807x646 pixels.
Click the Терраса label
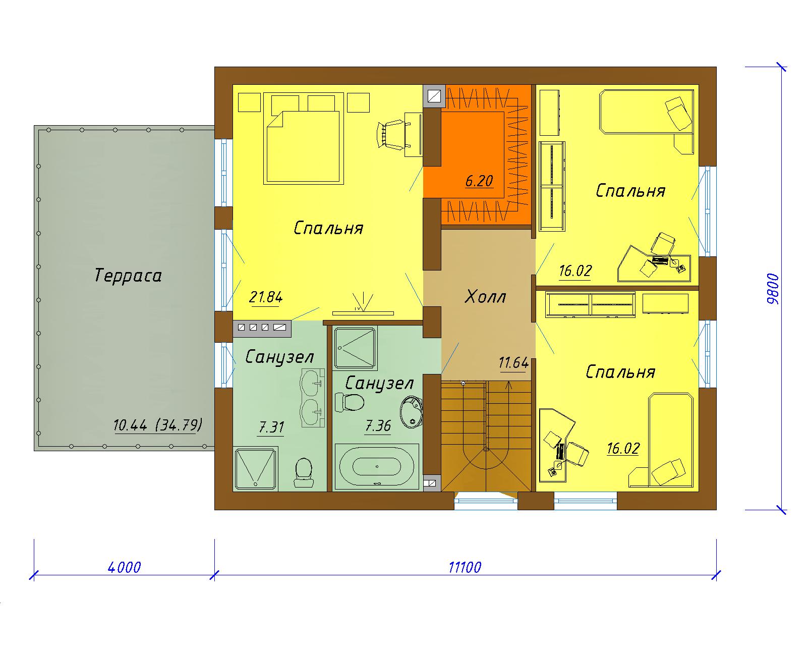coord(128,276)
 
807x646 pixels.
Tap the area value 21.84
coord(266,297)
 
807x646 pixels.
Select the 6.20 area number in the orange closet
coord(479,181)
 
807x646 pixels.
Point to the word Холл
coord(485,297)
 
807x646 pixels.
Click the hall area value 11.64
coord(514,363)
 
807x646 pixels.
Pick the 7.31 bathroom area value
coord(271,427)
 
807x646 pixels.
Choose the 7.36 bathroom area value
coord(378,426)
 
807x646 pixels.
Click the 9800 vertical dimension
coord(773,289)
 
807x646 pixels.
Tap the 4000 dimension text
coord(124,567)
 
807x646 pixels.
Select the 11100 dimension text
coord(465,567)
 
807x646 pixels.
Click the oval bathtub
coord(376,466)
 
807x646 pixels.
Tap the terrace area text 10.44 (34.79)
coord(158,425)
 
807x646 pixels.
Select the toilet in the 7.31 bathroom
coord(303,472)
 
